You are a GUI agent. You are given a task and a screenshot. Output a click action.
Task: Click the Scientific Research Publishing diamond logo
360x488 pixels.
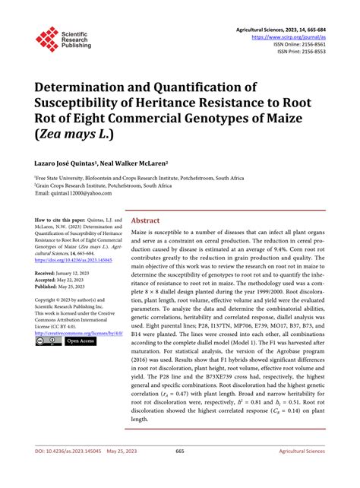[47, 39]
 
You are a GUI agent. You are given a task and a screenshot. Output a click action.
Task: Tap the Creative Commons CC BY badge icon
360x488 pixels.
[47, 341]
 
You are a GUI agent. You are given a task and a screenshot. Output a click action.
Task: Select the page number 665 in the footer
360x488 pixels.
[180, 472]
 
